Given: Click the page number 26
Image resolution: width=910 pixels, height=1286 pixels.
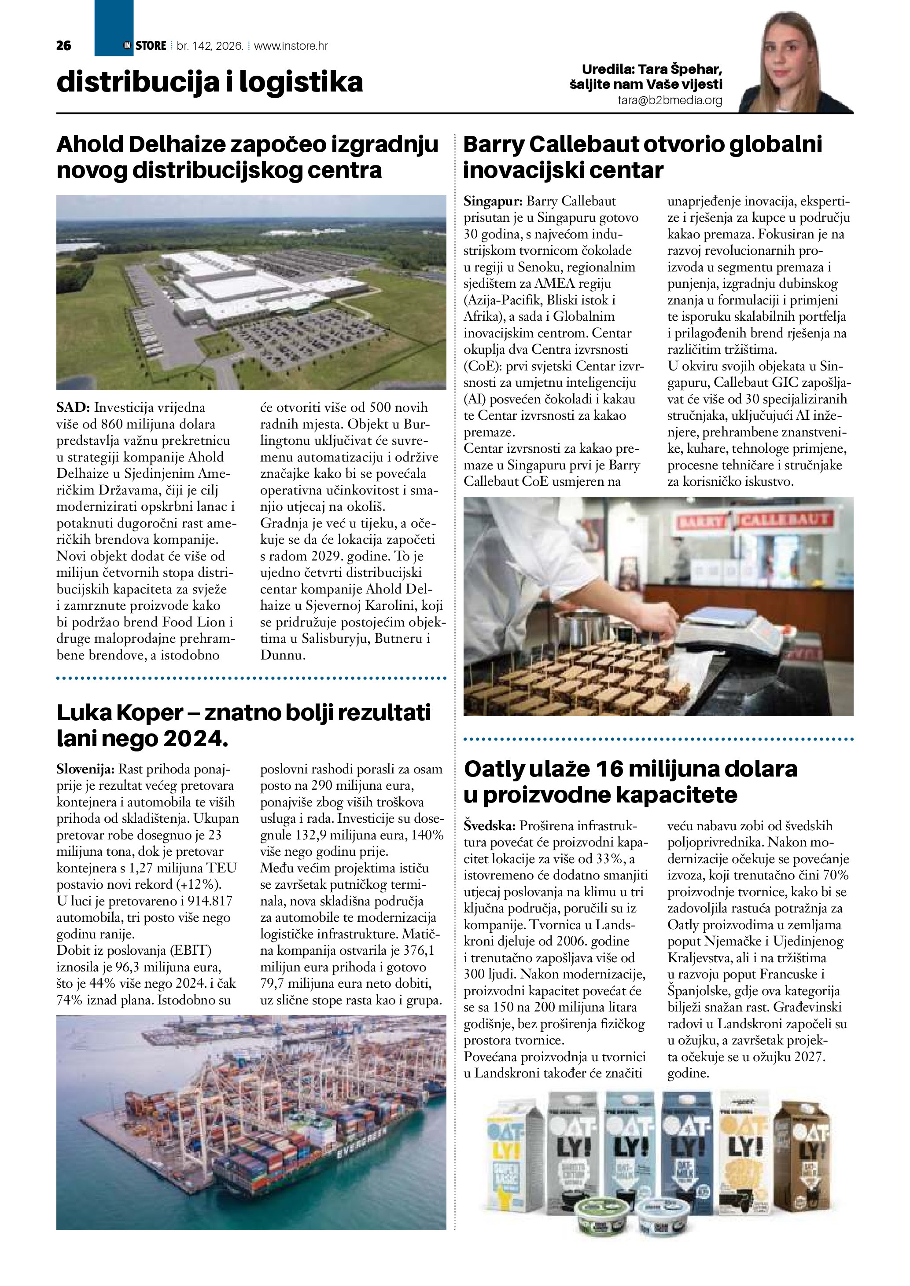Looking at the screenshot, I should (x=64, y=46).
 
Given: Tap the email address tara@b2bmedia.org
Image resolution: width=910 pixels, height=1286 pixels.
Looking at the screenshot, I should (x=670, y=101).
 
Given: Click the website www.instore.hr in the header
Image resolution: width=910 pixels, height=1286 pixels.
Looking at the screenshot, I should (x=291, y=46).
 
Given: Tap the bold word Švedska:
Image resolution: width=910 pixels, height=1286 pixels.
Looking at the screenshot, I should (x=489, y=826).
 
